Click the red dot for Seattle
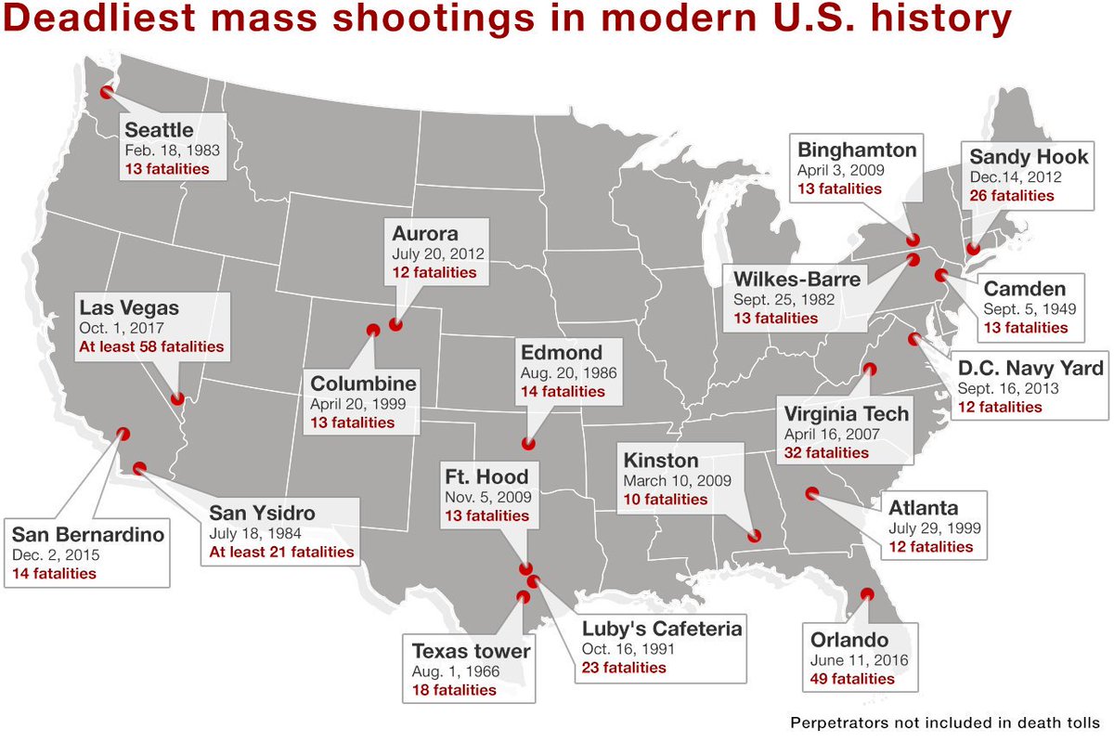click(107, 92)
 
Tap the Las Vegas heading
click(129, 307)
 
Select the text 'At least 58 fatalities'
click(151, 347)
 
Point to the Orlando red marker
click(868, 594)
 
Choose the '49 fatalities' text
click(851, 679)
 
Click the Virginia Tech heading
click(847, 413)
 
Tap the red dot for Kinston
click(755, 535)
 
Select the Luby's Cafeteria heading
click(662, 629)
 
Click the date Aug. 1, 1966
click(457, 670)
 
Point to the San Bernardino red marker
click(122, 433)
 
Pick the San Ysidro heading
click(262, 513)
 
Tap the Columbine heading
click(364, 384)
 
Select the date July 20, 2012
click(437, 253)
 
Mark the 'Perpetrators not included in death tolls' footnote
click(945, 722)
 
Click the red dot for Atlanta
click(812, 493)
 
